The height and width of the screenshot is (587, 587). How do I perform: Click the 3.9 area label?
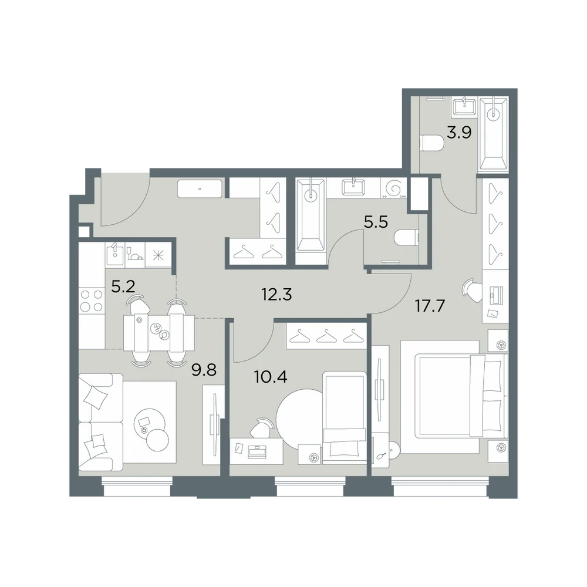459,133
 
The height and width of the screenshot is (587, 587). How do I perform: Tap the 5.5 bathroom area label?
376,222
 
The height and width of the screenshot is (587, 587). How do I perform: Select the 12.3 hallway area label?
276,295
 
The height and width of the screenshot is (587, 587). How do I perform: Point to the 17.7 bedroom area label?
430,306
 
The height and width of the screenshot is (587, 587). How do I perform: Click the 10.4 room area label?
271,377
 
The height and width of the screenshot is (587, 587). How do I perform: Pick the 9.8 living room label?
204,370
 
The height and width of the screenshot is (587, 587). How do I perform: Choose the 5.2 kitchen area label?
123,287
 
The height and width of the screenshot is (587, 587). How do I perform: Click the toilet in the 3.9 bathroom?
432,143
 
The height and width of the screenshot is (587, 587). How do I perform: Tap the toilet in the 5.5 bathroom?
406,237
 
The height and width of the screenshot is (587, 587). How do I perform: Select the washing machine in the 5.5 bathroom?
393,188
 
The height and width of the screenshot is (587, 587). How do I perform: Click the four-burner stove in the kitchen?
92,301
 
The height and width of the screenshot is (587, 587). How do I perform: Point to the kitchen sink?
114,254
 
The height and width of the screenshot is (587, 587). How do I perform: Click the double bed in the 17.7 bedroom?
454,397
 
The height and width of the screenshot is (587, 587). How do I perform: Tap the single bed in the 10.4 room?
344,418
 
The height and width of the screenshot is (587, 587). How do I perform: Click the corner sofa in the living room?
101,422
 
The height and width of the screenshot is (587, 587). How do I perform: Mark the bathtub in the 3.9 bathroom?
494,134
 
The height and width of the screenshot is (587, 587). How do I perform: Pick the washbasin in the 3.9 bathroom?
464,106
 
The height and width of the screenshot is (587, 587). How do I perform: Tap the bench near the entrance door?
200,189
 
